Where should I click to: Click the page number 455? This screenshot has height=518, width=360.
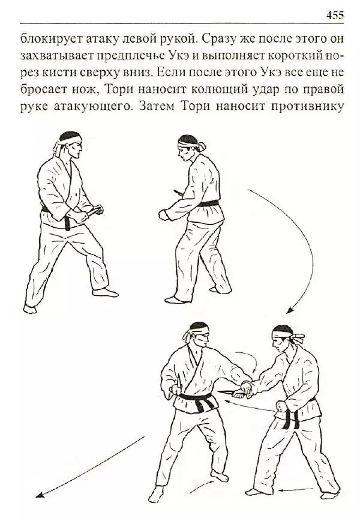pos(335,14)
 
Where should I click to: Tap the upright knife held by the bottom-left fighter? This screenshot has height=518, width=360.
pos(179,382)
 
